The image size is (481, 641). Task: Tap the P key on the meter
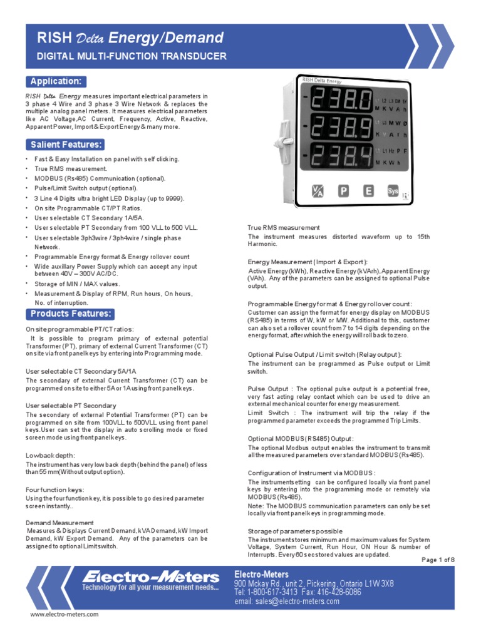344,192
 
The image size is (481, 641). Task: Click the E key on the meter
368,192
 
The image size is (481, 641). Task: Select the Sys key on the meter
393,192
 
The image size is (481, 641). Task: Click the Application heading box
56,81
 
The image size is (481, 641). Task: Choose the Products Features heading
70,314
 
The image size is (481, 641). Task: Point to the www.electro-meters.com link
65,615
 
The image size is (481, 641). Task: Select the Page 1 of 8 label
438,560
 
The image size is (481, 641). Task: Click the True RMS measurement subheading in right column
284,227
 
